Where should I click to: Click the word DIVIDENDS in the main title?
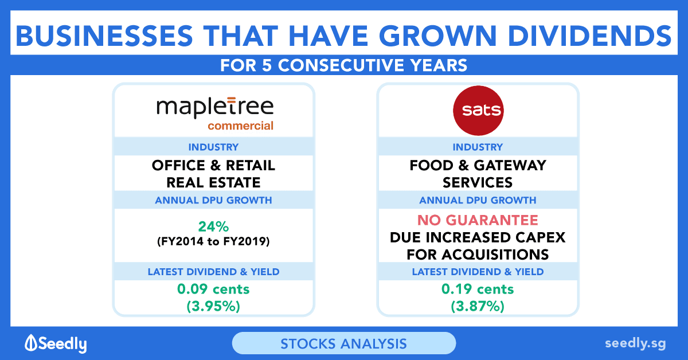[x=590, y=36]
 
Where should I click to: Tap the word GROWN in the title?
[x=438, y=36]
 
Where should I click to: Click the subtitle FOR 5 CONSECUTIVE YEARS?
[x=343, y=65]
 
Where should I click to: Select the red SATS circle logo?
[x=478, y=111]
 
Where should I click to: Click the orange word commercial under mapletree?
[x=240, y=126]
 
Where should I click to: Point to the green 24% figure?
[x=213, y=226]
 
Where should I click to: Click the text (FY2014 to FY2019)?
[x=213, y=241]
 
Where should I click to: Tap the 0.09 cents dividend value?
[x=213, y=289]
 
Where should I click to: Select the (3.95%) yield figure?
[x=213, y=306]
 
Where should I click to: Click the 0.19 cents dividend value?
[x=478, y=289]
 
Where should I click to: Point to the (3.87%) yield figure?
[x=478, y=306]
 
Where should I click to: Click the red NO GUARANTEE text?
[x=478, y=220]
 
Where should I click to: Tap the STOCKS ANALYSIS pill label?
[x=343, y=344]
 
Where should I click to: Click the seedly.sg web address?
[x=635, y=344]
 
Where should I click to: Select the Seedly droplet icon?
[x=31, y=342]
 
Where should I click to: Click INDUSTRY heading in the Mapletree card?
[x=213, y=147]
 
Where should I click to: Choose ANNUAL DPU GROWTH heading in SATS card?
[x=478, y=200]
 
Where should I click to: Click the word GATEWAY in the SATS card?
[x=510, y=165]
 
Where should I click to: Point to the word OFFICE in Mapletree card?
[x=178, y=165]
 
